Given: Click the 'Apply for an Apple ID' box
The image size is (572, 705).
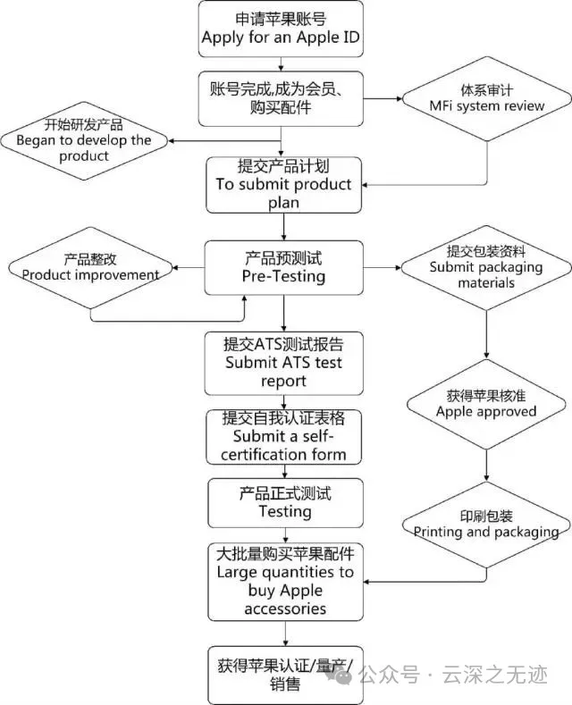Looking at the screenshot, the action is coord(281,29).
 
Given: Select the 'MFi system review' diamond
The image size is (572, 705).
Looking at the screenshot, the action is coord(486,98).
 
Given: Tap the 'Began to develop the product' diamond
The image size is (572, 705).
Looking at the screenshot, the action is coord(84,140).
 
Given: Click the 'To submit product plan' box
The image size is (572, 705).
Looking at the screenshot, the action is coord(283,185).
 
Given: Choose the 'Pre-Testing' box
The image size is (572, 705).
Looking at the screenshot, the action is coord(283,268).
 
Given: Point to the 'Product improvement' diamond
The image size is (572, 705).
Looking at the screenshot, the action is coord(90,268).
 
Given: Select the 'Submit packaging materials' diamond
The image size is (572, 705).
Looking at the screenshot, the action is coord(486,268).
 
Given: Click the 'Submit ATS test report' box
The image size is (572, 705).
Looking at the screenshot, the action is coord(283,364).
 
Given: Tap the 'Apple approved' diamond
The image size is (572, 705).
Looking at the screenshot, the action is coord(486,404).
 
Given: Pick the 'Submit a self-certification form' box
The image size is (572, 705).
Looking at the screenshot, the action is coord(283,437).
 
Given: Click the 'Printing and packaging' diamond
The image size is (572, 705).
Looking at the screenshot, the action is coord(486,525).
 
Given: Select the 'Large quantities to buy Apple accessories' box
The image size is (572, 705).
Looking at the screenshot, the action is coord(285,582).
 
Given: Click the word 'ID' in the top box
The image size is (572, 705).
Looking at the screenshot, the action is coord(351,37).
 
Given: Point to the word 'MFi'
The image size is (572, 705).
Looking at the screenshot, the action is coord(441,105).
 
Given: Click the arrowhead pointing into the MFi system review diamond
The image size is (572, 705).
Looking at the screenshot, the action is coord(399,98).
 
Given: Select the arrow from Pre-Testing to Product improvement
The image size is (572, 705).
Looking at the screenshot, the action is coord(189,268).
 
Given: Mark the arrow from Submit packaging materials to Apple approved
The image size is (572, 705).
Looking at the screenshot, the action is coord(486,334).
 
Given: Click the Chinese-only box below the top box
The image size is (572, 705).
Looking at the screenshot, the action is coord(281,98).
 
